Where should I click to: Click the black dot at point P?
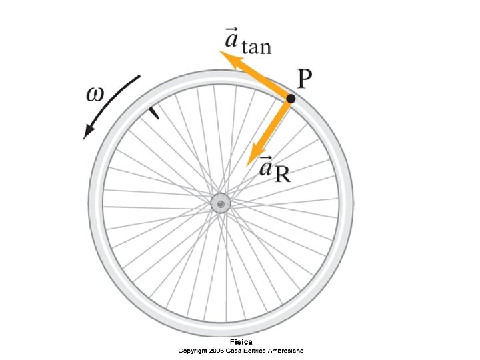coord(291,99)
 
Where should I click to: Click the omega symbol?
coord(97,93)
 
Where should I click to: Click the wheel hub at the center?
coord(220,203)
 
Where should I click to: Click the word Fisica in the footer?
coord(241,342)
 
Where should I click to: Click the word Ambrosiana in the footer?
coord(286,350)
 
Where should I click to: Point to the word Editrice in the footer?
coord(256,350)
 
